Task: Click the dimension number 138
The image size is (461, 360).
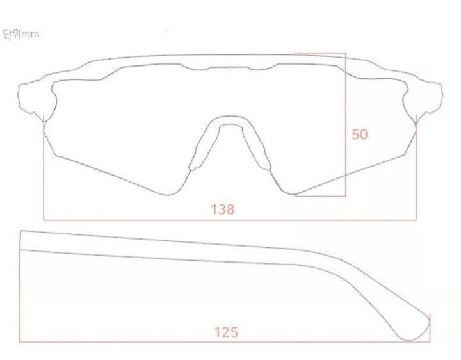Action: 223,209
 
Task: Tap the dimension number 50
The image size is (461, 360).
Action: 360,134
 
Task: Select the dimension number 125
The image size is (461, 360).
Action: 226,332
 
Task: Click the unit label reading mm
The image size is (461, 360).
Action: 30,35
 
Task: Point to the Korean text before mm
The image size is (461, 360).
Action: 11,34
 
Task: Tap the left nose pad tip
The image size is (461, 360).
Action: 193,168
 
